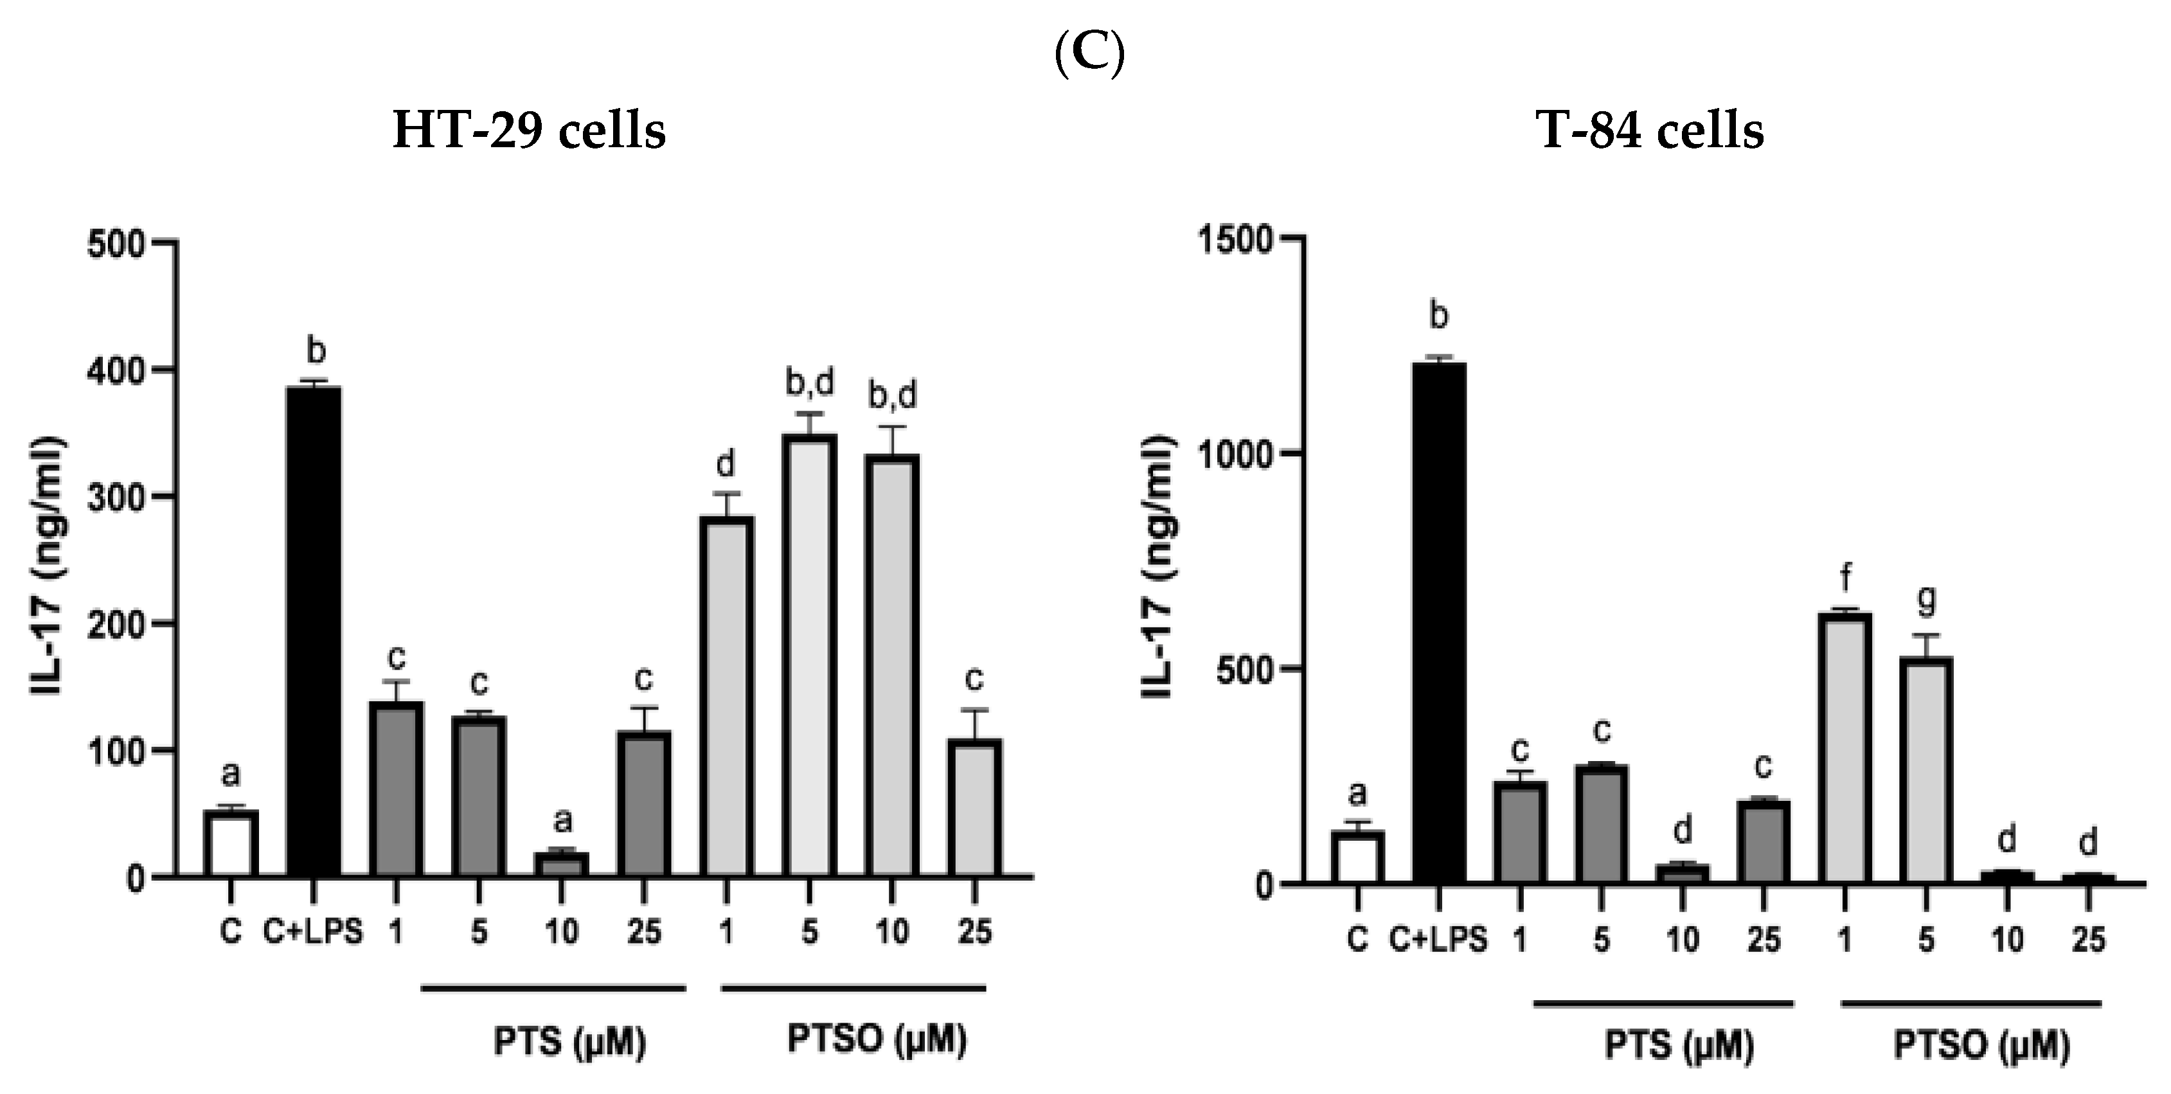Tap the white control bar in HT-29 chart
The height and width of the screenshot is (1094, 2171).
click(x=231, y=843)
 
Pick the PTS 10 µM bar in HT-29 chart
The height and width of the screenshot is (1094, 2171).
click(x=561, y=865)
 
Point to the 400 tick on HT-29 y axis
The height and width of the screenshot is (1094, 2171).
click(x=127, y=370)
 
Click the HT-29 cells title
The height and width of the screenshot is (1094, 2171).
click(x=530, y=132)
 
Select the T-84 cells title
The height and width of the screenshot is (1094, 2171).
click(x=1650, y=132)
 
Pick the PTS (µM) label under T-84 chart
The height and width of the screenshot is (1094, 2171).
click(x=1679, y=1045)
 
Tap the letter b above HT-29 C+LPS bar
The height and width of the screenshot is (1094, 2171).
click(x=315, y=350)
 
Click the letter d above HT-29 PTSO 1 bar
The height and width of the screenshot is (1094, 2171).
click(x=726, y=463)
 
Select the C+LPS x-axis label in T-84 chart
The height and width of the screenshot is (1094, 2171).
click(x=1438, y=939)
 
